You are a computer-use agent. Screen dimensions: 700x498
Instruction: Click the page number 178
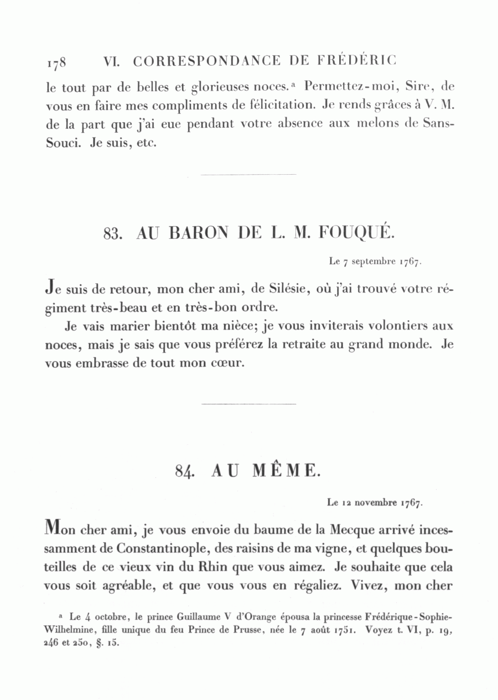coord(57,62)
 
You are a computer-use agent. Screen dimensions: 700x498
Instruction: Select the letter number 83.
coord(112,234)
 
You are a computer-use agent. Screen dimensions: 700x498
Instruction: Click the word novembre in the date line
coord(376,503)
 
